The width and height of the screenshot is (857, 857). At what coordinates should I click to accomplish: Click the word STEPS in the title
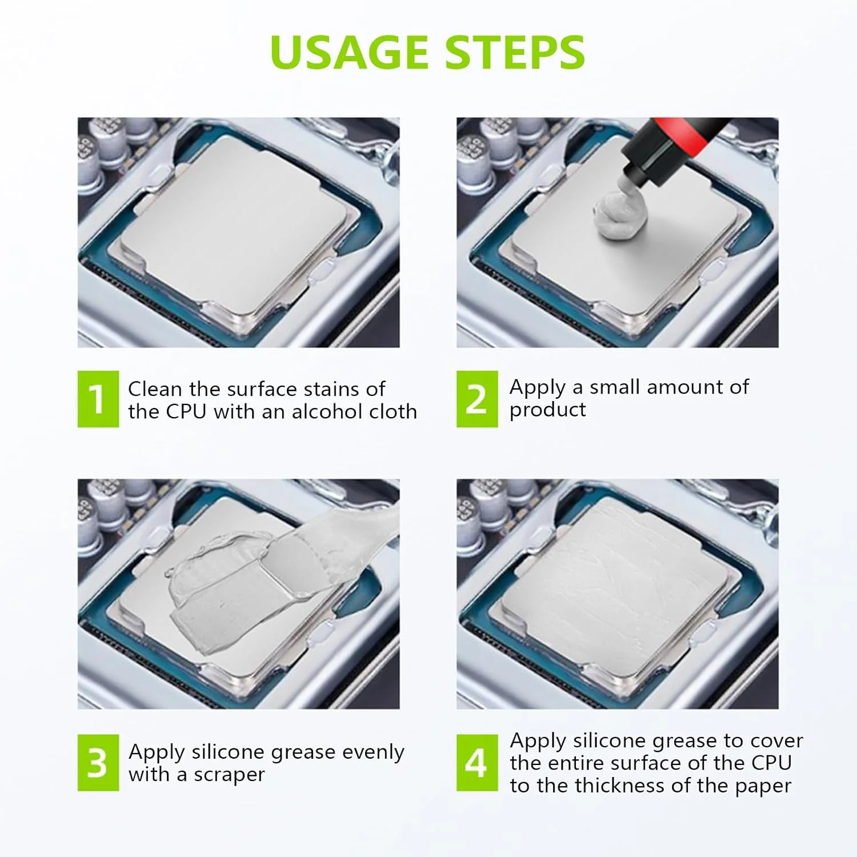point(515,52)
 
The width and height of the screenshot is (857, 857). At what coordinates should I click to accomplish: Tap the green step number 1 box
point(98,399)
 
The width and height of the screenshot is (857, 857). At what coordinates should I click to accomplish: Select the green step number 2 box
point(477,399)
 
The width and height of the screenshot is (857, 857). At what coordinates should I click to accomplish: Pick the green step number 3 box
point(98,763)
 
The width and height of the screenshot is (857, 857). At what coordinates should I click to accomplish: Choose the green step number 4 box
point(477,763)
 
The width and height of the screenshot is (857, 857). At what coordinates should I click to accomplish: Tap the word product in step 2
point(548,411)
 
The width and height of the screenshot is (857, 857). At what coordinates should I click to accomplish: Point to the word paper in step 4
point(763,787)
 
